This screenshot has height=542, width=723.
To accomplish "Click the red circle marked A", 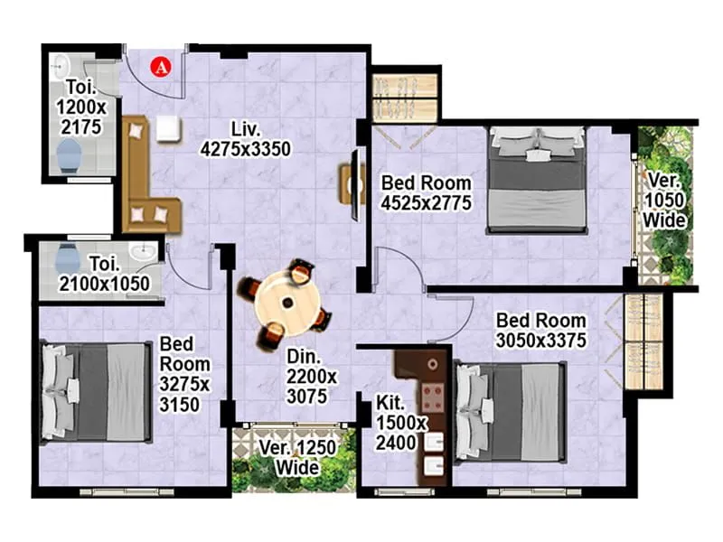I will click(x=161, y=65).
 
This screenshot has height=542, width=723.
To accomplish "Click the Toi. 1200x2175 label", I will click(x=80, y=107).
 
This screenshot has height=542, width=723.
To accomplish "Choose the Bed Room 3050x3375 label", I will click(x=541, y=330).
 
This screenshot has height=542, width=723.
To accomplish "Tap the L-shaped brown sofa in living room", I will click(x=145, y=181).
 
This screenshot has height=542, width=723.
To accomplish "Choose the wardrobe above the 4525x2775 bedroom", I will click(x=405, y=95).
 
